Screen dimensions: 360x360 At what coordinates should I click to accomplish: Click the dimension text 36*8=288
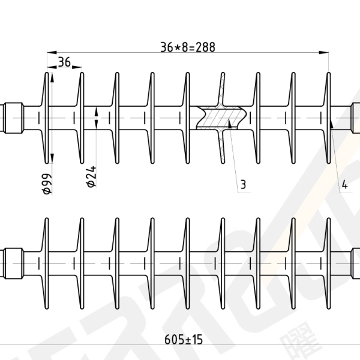coord(188,47)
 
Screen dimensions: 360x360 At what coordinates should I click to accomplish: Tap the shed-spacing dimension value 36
coord(64,62)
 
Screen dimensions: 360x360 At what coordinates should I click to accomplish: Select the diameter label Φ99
coord(47,184)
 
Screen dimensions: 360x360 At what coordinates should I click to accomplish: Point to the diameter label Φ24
coord(91,176)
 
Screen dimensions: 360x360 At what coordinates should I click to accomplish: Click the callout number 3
coord(243,185)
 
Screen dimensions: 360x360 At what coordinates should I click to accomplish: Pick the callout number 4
coord(344,185)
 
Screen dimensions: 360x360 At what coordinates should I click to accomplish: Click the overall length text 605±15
coord(184,340)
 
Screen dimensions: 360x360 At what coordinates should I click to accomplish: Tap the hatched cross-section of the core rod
coord(221,118)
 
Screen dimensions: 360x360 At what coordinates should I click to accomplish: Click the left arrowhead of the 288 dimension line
coord(52,53)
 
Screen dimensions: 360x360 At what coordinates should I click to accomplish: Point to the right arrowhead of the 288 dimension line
coord(324,53)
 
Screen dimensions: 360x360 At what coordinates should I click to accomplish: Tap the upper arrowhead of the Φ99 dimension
coord(52,77)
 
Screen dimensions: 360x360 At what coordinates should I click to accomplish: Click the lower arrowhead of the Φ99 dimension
coord(52,158)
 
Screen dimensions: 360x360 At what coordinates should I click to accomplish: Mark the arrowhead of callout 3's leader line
coord(229,123)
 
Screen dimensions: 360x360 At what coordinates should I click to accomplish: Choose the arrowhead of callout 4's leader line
coord(331,123)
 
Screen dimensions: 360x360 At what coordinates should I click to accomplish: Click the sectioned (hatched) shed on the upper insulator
coord(222,118)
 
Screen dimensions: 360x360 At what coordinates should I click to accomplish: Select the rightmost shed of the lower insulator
coord(327,263)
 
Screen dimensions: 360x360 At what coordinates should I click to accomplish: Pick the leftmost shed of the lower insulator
coord(45,263)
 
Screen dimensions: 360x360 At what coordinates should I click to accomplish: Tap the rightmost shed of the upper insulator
coord(327,118)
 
